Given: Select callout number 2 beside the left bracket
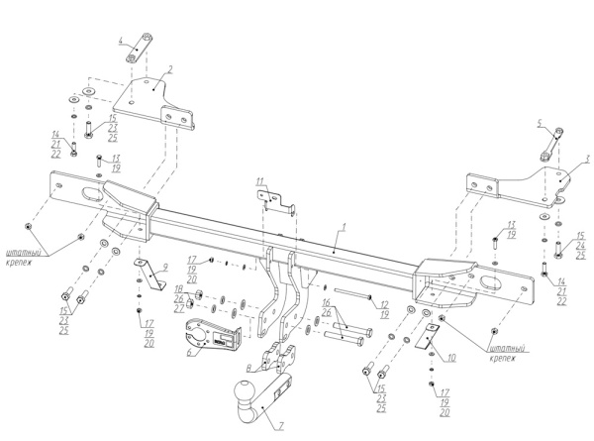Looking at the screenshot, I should (x=170, y=69).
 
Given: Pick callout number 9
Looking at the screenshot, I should (x=166, y=267).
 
